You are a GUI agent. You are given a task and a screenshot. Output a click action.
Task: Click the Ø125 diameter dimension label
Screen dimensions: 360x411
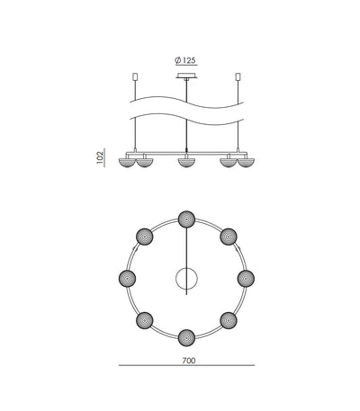click(x=186, y=60)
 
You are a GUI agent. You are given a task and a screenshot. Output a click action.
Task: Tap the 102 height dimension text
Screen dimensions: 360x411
click(x=100, y=157)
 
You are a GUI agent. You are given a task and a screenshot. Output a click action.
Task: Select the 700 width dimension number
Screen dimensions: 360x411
click(x=189, y=361)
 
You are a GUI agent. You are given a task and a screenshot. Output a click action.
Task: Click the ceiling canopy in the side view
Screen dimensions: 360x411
click(x=186, y=76)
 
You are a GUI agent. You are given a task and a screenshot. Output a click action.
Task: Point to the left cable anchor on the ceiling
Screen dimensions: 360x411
click(x=135, y=76)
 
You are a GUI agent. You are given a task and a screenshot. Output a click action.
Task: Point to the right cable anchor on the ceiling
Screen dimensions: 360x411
click(x=238, y=76)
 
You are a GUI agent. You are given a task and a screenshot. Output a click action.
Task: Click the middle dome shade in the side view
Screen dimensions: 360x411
click(x=186, y=163)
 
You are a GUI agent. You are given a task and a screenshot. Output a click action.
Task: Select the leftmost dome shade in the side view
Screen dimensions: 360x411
click(x=128, y=163)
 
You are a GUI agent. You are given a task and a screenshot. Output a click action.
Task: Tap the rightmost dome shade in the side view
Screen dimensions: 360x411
click(x=246, y=163)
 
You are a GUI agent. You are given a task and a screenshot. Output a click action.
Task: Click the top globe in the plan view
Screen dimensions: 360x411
click(x=186, y=219)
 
